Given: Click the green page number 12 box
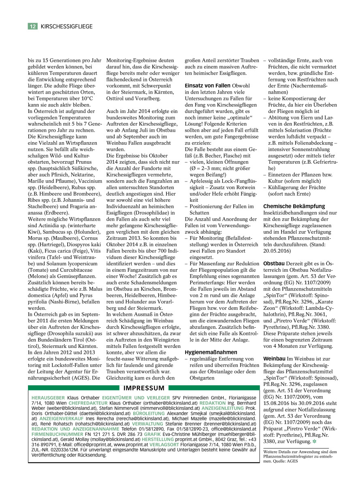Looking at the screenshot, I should [x=33, y=26].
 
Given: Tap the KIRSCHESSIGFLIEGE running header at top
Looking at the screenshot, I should [x=66, y=26].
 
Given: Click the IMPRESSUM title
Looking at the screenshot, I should [x=144, y=388].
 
